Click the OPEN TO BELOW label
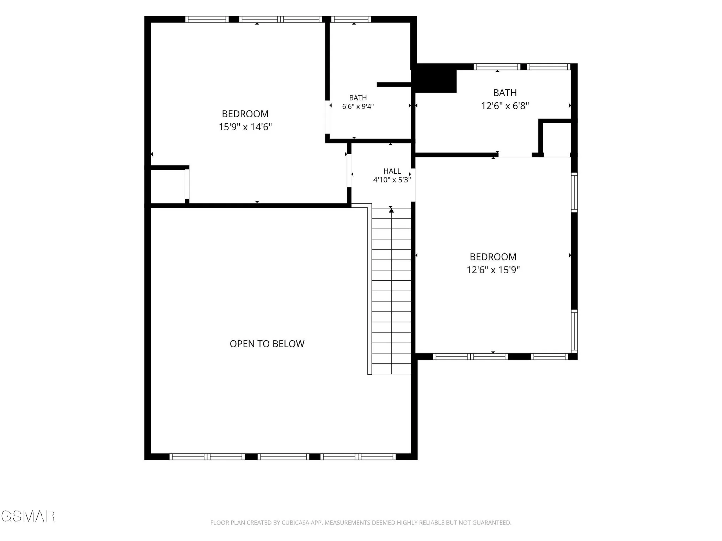(267, 344)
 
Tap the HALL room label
(392, 171)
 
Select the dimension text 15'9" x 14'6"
(245, 127)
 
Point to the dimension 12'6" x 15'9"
(493, 270)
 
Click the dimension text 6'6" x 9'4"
(358, 106)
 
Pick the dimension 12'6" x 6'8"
(505, 106)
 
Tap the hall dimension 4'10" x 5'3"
(392, 180)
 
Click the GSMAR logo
(28, 516)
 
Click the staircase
(391, 291)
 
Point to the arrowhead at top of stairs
(391, 210)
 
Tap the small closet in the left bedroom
(168, 187)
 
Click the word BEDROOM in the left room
(245, 114)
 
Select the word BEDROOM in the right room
(493, 257)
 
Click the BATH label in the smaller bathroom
(358, 98)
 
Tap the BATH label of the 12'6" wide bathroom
(505, 93)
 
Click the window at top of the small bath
(351, 19)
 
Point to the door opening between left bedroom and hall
(349, 171)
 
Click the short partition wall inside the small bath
(394, 85)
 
